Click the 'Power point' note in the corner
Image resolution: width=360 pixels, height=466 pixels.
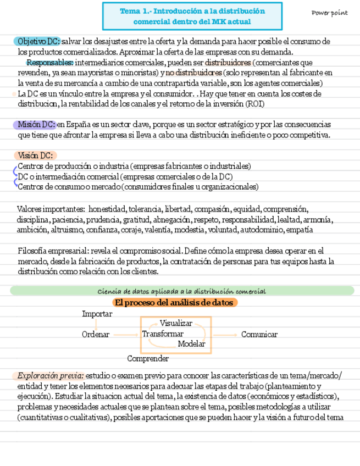329,13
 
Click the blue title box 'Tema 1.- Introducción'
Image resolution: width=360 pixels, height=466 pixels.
192,16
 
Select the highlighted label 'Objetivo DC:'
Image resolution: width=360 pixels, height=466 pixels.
38,41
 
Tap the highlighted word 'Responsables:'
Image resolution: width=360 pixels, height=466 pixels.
50,62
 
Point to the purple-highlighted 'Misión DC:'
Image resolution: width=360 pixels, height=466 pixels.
36,124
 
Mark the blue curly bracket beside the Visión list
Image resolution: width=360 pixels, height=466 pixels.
15,176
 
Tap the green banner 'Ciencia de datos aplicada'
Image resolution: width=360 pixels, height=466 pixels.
181,291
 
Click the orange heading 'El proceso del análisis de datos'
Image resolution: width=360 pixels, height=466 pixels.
175,303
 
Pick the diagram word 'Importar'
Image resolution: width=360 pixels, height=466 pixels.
97,314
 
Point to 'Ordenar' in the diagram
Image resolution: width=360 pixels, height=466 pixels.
96,334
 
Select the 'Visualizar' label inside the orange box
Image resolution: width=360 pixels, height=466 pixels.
176,323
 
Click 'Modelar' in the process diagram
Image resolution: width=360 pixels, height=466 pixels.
191,344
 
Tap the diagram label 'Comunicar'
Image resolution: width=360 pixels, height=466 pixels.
259,334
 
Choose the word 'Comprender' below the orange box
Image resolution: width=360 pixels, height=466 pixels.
148,359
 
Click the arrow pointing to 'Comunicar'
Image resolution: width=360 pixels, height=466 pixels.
225,334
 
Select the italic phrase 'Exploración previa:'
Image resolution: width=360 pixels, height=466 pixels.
51,376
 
